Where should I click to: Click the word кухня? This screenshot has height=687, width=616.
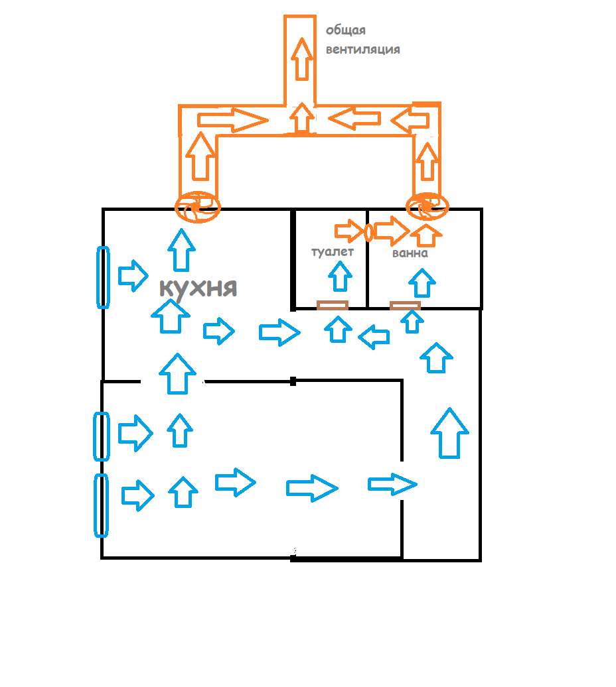pyautogui.click(x=198, y=288)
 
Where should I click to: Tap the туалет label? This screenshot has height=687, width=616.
pyautogui.click(x=333, y=251)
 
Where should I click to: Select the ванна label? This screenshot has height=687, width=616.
pyautogui.click(x=410, y=253)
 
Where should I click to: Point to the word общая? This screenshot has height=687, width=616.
pyautogui.click(x=346, y=31)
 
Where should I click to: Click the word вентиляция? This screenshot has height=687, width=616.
pyautogui.click(x=363, y=49)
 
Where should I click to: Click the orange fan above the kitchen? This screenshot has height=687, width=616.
pyautogui.click(x=196, y=207)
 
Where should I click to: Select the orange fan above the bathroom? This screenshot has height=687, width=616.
pyautogui.click(x=427, y=206)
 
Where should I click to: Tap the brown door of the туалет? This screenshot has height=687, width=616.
pyautogui.click(x=332, y=306)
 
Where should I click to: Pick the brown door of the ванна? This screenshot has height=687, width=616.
pyautogui.click(x=405, y=306)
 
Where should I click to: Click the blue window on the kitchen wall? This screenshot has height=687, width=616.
pyautogui.click(x=103, y=277)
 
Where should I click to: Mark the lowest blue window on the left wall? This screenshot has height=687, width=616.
pyautogui.click(x=101, y=505)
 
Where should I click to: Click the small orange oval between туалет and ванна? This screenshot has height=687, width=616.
pyautogui.click(x=367, y=232)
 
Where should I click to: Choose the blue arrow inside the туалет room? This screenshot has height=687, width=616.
pyautogui.click(x=341, y=277)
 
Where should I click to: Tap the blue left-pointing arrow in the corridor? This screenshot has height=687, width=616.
pyautogui.click(x=374, y=337)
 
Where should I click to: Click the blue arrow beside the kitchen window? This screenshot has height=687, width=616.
pyautogui.click(x=133, y=275)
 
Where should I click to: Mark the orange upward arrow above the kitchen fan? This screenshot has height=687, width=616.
pyautogui.click(x=198, y=156)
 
